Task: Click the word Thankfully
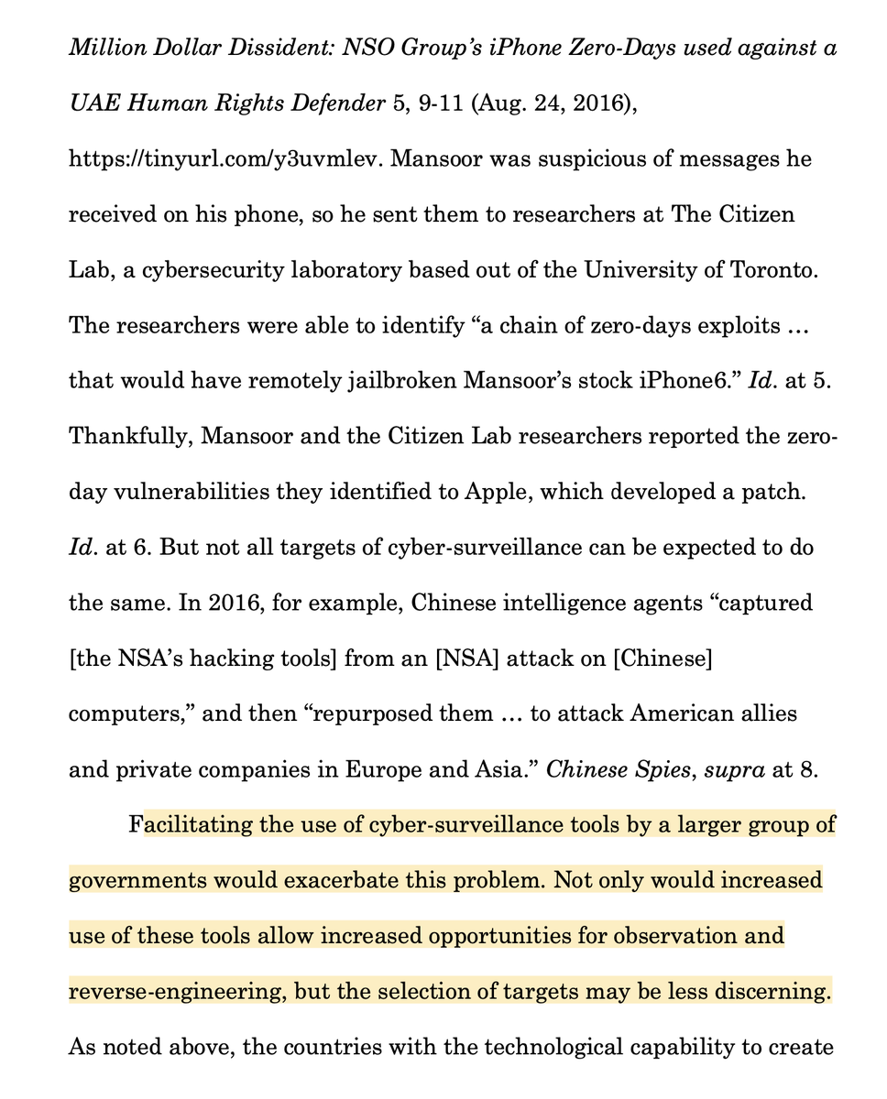tap(128, 436)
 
